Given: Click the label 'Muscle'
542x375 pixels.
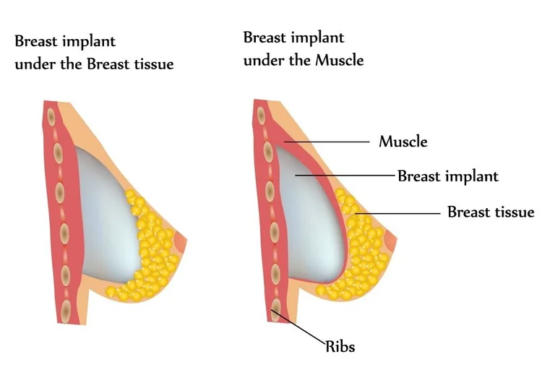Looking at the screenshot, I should click(403, 142).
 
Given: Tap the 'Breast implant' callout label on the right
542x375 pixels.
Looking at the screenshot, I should click(448, 176).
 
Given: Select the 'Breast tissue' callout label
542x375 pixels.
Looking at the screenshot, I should click(491, 212).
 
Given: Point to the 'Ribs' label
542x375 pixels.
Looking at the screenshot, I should click(340, 347).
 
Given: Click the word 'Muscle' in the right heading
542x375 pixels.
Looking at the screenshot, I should click(339, 61).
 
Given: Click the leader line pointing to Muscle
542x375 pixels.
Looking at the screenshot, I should click(329, 142).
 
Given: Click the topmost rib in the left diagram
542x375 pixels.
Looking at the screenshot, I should click(51, 114).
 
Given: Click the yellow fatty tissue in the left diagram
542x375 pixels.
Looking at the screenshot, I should click(148, 246).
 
